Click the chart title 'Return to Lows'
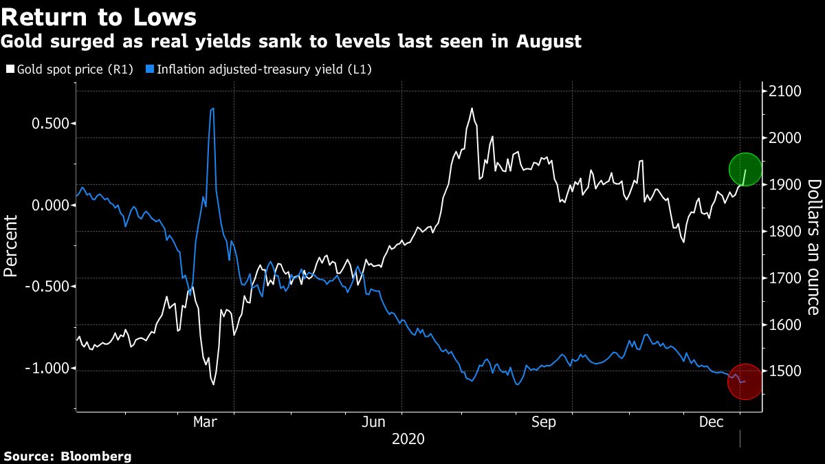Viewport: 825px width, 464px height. click(x=99, y=16)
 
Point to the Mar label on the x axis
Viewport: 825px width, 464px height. click(x=206, y=421)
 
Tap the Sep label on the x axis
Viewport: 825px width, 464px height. click(x=544, y=421)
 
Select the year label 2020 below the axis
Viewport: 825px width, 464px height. click(x=408, y=439)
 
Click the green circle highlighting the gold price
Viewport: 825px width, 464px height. click(x=745, y=169)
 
